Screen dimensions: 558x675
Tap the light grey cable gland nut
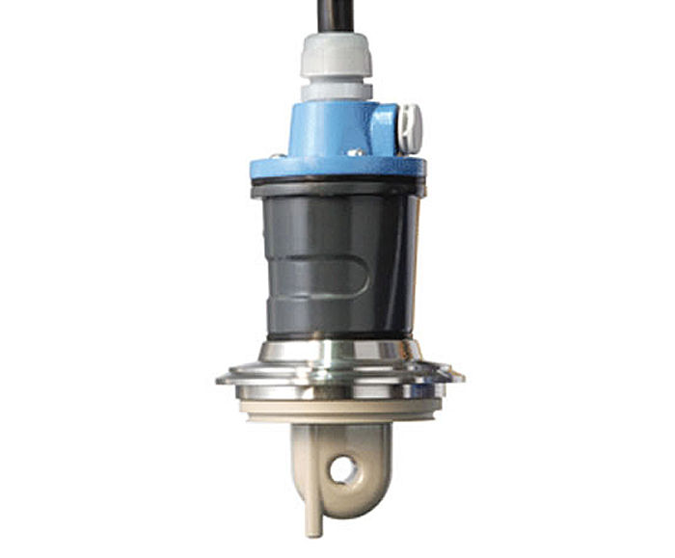point(334,58)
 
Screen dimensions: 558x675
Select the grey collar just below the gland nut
point(335,92)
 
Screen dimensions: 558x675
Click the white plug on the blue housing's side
point(411,127)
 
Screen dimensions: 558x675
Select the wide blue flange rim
point(337,169)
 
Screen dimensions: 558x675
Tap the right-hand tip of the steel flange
point(455,374)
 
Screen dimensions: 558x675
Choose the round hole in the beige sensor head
point(342,472)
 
